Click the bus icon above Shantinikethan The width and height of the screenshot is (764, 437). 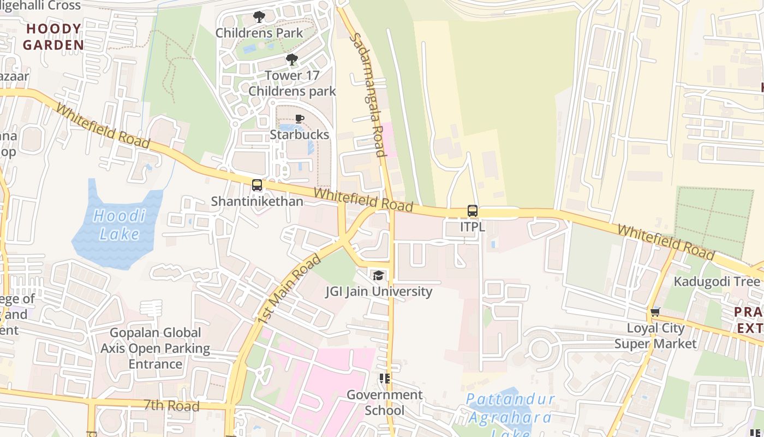[257, 185]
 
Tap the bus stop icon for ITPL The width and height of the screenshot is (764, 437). [473, 211]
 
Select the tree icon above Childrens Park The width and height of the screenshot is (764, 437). [259, 17]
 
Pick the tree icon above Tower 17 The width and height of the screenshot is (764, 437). [292, 59]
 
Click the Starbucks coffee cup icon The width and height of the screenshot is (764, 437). [300, 119]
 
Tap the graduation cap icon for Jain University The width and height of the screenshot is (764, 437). [378, 275]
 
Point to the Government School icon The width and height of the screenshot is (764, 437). [385, 378]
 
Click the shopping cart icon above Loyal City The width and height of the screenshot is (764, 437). [655, 312]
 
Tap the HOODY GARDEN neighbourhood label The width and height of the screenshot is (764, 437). [53, 37]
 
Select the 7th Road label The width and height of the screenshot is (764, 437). [172, 405]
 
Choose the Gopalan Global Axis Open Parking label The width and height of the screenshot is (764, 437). [156, 348]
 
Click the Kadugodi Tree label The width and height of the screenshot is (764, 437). [717, 281]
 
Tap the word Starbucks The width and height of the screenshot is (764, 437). [300, 135]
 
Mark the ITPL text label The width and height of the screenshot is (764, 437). [473, 227]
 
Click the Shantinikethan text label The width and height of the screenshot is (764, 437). [257, 201]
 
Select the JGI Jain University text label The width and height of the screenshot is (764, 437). [379, 291]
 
